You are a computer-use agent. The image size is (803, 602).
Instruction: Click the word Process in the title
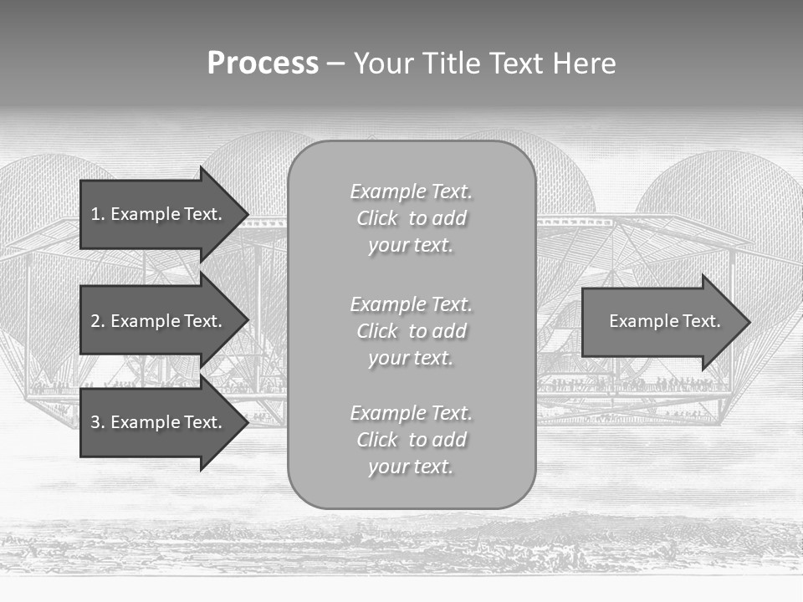[x=263, y=64]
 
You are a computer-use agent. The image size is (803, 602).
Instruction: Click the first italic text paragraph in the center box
[x=411, y=218]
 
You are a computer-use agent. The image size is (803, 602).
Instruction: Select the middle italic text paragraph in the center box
[x=411, y=331]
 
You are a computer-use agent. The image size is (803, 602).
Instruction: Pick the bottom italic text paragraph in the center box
[x=411, y=440]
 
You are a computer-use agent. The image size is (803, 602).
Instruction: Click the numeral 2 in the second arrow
[x=95, y=321]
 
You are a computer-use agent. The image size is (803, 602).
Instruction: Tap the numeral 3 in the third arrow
[x=95, y=422]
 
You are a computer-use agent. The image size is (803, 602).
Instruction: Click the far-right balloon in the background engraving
[x=719, y=201]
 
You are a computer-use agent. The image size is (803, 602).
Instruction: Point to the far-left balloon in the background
[x=42, y=201]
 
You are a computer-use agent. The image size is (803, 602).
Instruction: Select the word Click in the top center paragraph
[x=377, y=218]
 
